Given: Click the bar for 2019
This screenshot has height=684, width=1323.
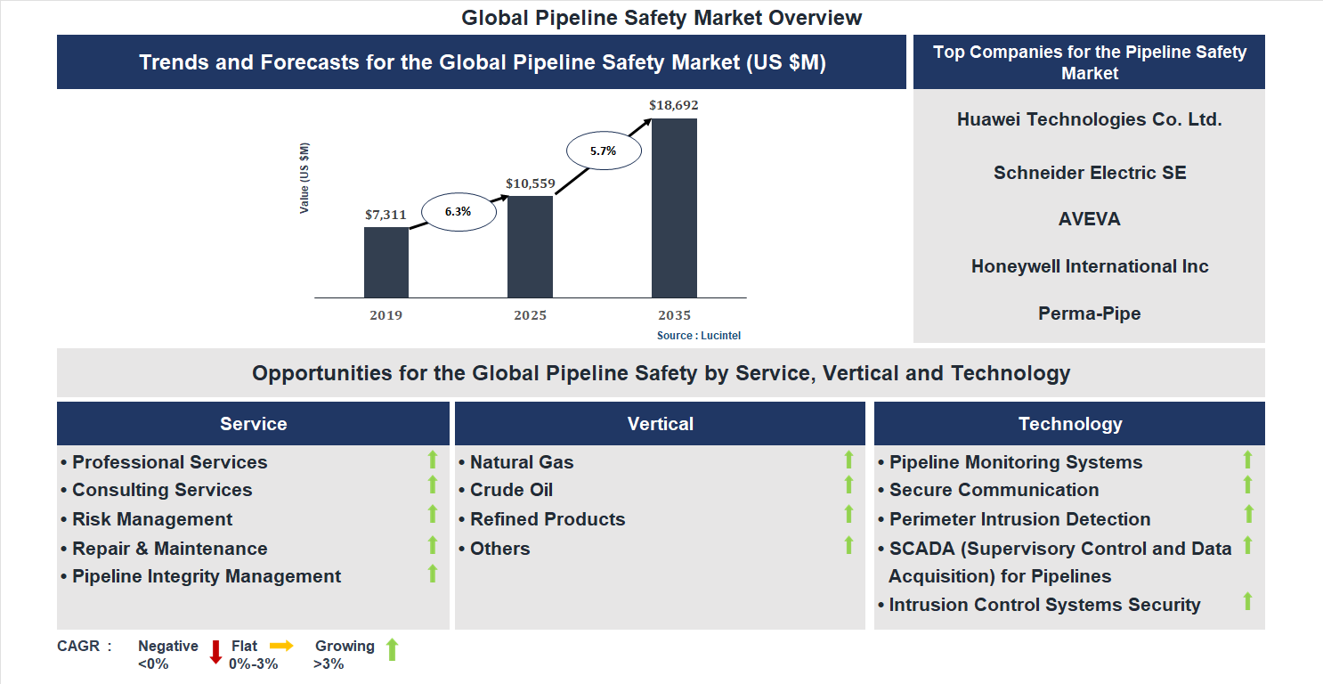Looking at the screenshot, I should point(386,262).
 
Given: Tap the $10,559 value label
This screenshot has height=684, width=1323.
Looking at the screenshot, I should point(530,184).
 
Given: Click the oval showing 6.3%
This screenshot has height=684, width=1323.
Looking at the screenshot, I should point(458,212).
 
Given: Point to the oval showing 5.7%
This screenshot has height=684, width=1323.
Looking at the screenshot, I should point(603,151).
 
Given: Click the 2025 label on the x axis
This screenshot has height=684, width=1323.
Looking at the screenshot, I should point(530,315).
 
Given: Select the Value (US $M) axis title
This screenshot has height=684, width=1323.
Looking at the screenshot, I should point(304,178).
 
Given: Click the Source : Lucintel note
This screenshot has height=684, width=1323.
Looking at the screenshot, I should point(699,336).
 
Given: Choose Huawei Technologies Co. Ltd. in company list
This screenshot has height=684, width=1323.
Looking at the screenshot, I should point(1089,119).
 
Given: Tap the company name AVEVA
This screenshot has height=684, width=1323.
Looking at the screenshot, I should point(1089,219).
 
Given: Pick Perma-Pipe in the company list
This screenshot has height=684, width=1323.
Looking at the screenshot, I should point(1089,313).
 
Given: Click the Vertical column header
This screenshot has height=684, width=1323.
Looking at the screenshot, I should point(660,424).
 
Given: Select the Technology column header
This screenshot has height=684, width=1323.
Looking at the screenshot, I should point(1069,424).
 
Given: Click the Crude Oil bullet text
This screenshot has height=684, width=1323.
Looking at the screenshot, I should point(511,490).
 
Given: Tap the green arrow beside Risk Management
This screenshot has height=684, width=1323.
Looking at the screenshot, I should point(433,514).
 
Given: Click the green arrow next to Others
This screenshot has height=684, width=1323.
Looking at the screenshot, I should point(848,544).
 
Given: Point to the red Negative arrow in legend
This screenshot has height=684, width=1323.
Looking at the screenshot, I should point(215,652).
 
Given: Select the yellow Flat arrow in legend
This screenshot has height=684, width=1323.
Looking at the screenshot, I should point(281,646).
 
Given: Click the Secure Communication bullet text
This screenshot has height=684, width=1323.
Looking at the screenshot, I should point(994,490).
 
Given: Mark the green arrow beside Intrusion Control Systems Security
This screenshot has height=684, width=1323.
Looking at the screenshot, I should point(1247,601).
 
